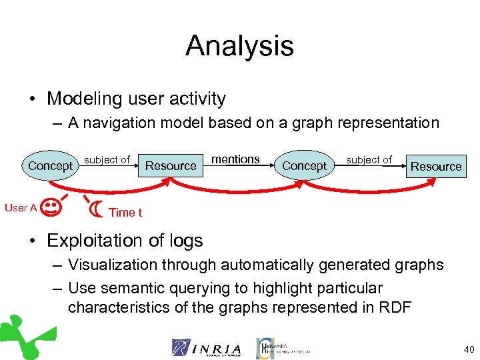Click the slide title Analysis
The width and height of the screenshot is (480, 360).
click(x=239, y=46)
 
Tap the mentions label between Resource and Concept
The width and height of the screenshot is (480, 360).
click(x=235, y=159)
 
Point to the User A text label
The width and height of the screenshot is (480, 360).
click(x=21, y=208)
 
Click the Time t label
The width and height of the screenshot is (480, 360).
click(x=125, y=213)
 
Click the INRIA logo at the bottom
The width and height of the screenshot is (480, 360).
click(x=206, y=347)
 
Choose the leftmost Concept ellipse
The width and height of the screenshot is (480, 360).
click(x=50, y=165)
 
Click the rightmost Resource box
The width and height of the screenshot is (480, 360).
click(x=436, y=166)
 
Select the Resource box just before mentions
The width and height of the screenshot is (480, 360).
click(x=171, y=165)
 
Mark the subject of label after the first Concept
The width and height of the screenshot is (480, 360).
click(x=107, y=160)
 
